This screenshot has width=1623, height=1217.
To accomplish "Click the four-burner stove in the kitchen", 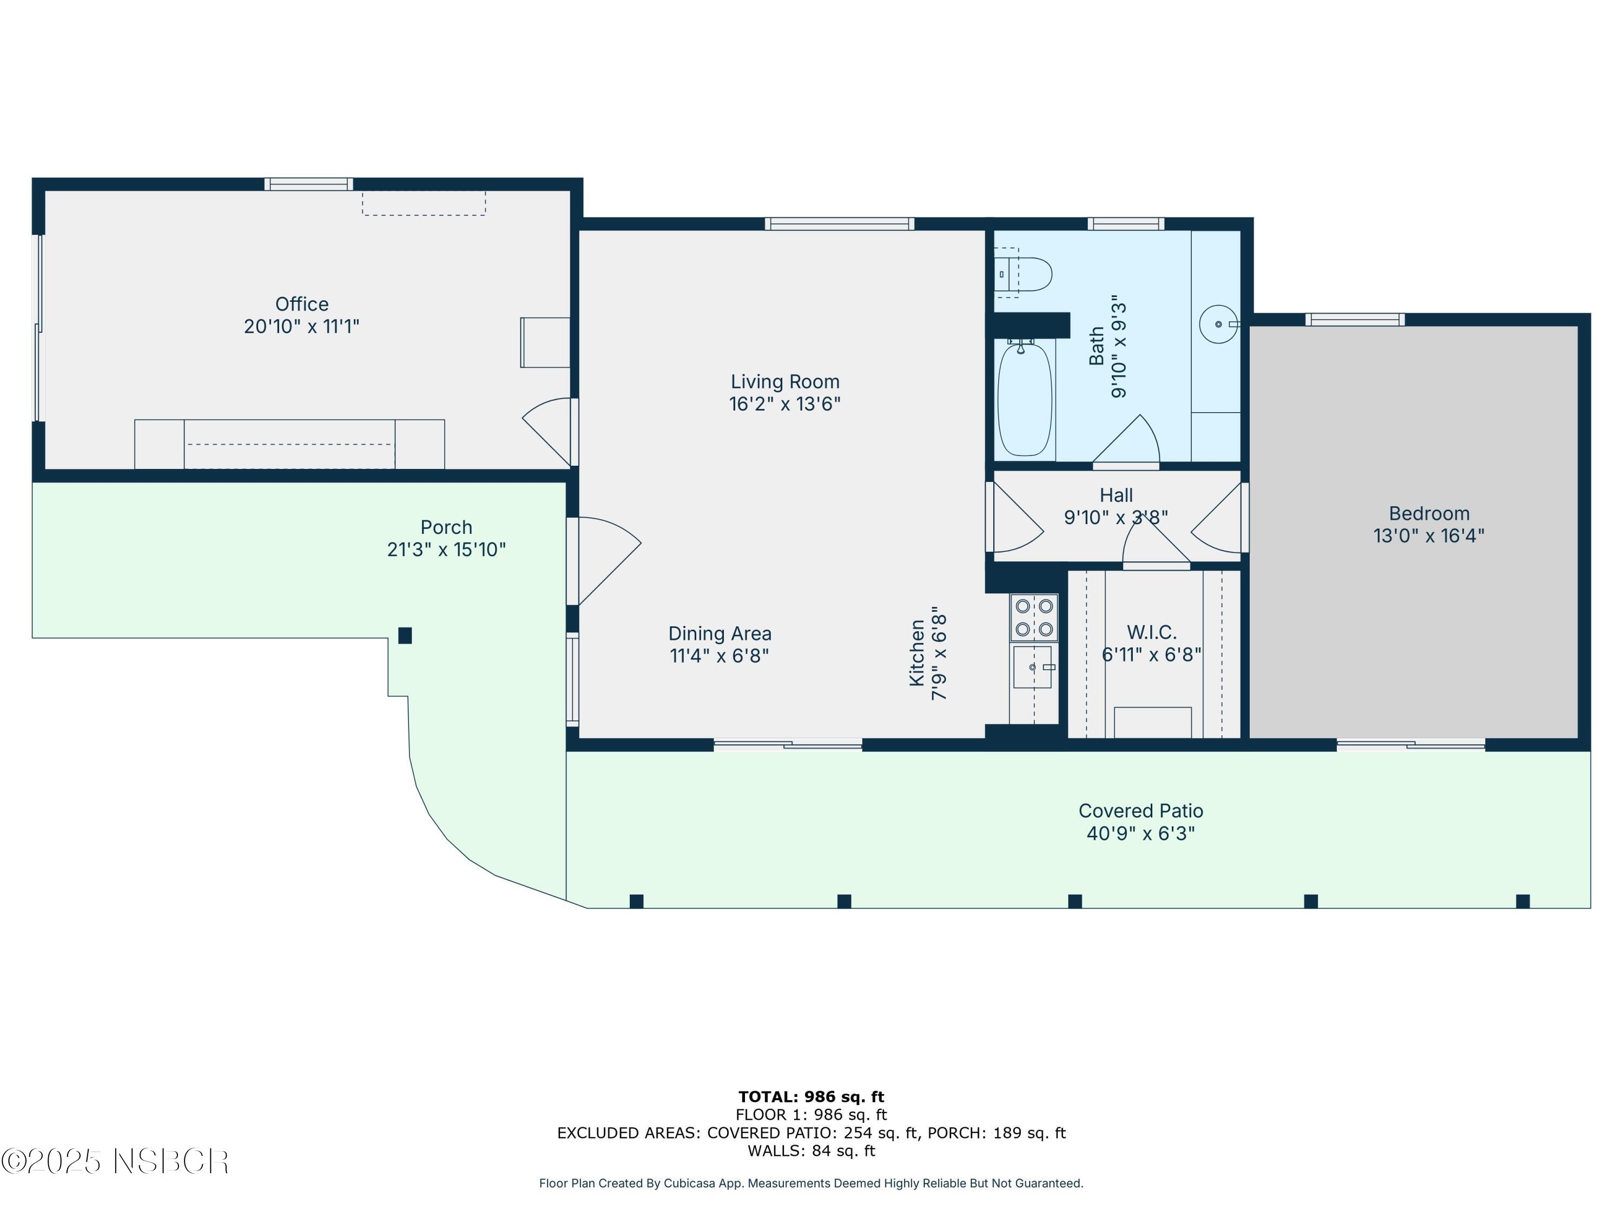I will point(1034,618).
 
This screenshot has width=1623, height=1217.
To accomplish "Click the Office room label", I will point(301,303).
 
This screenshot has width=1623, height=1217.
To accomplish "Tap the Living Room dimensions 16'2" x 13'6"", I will point(784,404).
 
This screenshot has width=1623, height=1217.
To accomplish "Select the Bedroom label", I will point(1429,513).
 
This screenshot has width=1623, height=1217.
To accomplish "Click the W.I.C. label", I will point(1151,632).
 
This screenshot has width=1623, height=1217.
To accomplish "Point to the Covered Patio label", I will point(1140,811).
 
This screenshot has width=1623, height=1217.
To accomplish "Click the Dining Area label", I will point(719,633).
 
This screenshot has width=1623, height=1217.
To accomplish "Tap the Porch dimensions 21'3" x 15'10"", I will point(446,550).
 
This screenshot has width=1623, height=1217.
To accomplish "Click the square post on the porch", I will point(405,636).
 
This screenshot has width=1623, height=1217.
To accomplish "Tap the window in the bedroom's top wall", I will point(1355,319).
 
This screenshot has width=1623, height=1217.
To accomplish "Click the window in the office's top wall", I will point(308,184).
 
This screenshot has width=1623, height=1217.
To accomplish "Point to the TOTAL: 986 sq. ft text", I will point(811,1097).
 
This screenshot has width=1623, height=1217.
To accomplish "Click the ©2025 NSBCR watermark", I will point(115,1161).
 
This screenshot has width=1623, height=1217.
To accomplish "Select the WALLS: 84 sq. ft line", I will point(811,1150).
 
